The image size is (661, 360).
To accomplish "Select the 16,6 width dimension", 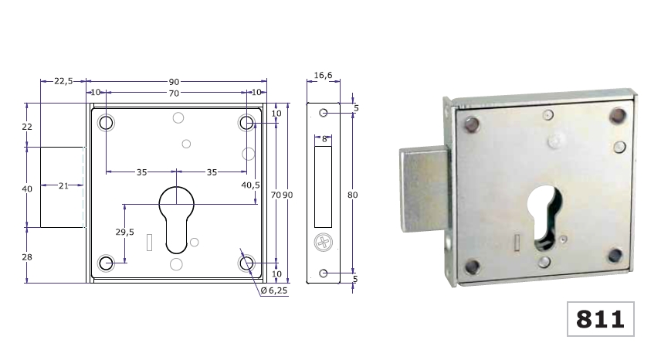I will (324, 75).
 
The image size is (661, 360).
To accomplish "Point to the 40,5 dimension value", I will (250, 185).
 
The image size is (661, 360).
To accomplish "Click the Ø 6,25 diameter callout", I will (275, 290).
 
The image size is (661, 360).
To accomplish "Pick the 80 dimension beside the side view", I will (352, 195).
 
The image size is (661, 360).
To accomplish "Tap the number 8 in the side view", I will (324, 139).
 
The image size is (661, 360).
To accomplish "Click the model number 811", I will (601, 318).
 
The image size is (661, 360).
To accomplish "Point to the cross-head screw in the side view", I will (323, 243).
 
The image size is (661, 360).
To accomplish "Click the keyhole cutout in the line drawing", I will (177, 216).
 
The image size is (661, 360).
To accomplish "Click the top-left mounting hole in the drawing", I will (106, 123).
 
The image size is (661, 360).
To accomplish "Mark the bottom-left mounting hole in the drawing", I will (106, 264).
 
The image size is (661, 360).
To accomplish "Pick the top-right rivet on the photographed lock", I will (617, 116).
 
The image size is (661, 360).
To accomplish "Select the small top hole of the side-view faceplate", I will (323, 113).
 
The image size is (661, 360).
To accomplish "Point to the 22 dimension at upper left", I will (27, 126).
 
